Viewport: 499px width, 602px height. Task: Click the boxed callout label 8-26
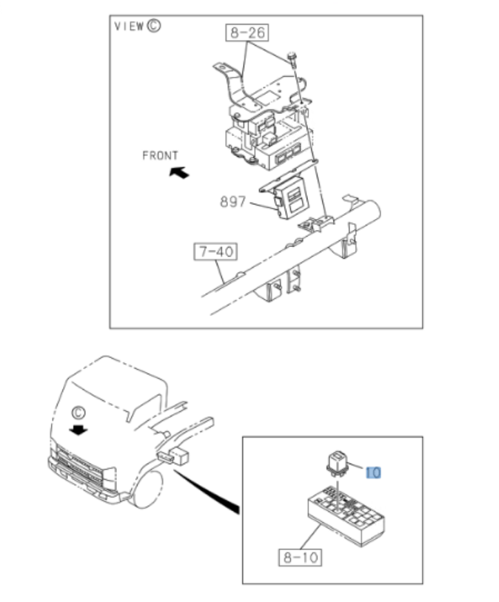click(x=247, y=33)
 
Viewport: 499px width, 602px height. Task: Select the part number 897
click(x=232, y=202)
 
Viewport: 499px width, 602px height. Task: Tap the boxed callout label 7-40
click(x=215, y=251)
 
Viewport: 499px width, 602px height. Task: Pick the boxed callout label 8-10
click(x=301, y=557)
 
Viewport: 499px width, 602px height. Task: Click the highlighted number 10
click(x=373, y=473)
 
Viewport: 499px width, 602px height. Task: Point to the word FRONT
click(x=160, y=155)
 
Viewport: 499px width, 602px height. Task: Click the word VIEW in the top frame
click(x=129, y=26)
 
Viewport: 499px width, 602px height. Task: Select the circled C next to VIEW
click(x=154, y=26)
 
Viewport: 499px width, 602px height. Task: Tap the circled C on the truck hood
click(x=78, y=413)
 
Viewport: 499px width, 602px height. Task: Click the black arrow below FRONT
click(x=179, y=172)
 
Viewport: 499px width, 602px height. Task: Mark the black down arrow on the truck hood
click(x=78, y=430)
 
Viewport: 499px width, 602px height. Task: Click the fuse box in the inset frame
click(x=346, y=515)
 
